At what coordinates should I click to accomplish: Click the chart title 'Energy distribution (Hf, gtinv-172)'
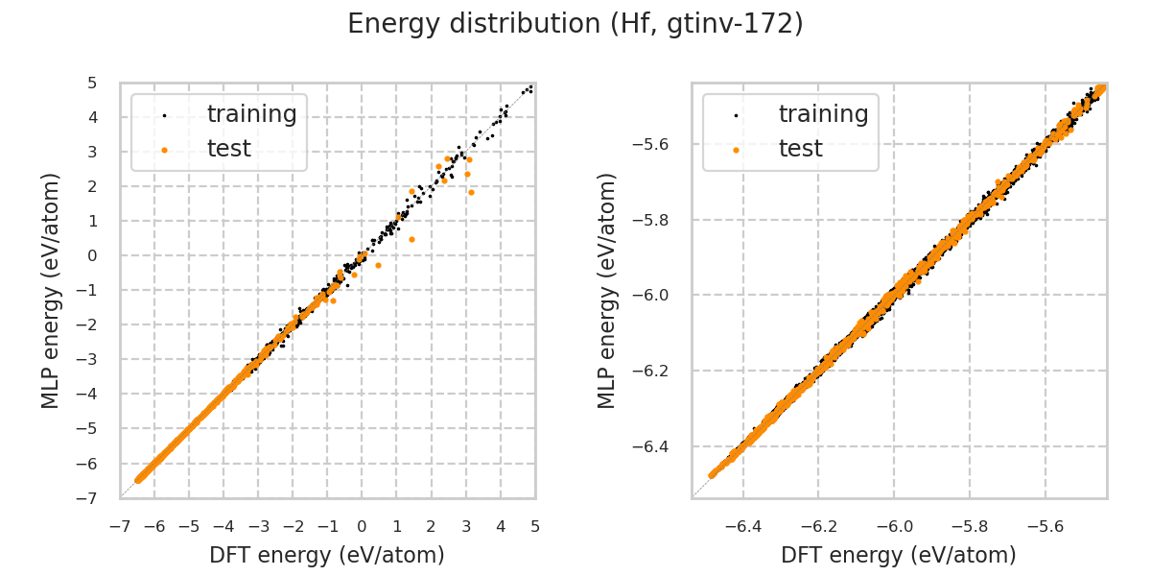(x=575, y=24)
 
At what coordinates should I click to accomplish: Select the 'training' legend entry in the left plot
(x=251, y=114)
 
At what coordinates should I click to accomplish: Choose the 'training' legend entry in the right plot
(x=823, y=114)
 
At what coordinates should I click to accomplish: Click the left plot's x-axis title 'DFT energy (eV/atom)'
(x=327, y=555)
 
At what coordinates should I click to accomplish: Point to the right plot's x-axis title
(x=899, y=555)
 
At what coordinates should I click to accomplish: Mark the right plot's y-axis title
(x=607, y=290)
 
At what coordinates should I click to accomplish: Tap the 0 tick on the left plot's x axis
(x=363, y=526)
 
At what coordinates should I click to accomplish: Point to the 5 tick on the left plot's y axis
(x=92, y=83)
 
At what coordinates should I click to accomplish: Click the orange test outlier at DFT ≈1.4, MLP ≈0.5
(x=411, y=239)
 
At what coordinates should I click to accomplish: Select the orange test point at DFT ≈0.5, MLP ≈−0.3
(x=378, y=265)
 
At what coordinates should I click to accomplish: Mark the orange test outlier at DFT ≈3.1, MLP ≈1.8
(x=471, y=192)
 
